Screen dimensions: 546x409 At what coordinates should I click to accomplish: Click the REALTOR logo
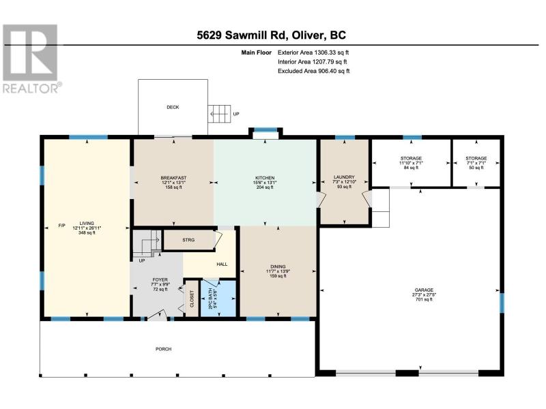click(31, 58)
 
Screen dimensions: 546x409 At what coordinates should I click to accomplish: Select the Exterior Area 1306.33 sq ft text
click(313, 52)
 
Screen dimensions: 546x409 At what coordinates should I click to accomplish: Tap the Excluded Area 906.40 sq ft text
click(313, 71)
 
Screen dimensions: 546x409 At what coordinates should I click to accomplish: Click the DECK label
click(173, 107)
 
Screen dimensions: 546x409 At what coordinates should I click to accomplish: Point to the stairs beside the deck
click(219, 114)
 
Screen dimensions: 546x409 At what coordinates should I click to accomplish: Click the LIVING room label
click(87, 228)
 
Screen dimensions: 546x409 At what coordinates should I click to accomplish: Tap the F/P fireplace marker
click(61, 226)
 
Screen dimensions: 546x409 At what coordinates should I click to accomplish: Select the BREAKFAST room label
click(173, 182)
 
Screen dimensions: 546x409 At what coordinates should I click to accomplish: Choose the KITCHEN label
click(265, 182)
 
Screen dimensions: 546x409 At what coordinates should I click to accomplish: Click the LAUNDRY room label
click(344, 181)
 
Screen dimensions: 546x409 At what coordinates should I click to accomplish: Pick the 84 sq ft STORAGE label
click(411, 163)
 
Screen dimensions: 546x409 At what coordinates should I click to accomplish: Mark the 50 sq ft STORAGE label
click(476, 163)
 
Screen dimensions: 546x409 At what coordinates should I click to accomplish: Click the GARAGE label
click(424, 294)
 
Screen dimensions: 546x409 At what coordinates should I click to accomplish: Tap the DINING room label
click(278, 271)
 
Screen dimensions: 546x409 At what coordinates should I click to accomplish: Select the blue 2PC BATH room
click(218, 298)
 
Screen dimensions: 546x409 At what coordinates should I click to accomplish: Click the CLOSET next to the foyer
click(192, 299)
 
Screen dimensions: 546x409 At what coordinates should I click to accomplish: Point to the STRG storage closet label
click(188, 240)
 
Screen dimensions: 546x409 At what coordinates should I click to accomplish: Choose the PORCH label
click(163, 349)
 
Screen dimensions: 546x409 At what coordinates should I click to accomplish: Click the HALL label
click(222, 264)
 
